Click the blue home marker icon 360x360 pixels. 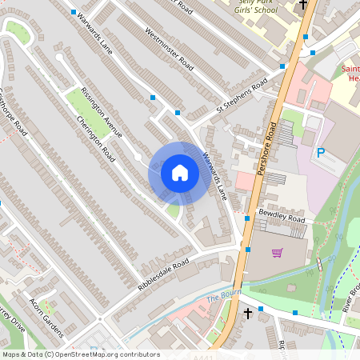pos(180,172)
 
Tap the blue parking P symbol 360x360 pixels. pos(321,153)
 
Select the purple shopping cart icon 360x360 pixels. pos(278,253)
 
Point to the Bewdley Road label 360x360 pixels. pos(282,217)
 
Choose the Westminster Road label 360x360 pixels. pos(170,47)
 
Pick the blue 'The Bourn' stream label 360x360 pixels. pos(223,298)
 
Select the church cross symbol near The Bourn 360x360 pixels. pos(249,311)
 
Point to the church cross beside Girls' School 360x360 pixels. pos(303,5)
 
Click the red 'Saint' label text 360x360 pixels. pos(350,69)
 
